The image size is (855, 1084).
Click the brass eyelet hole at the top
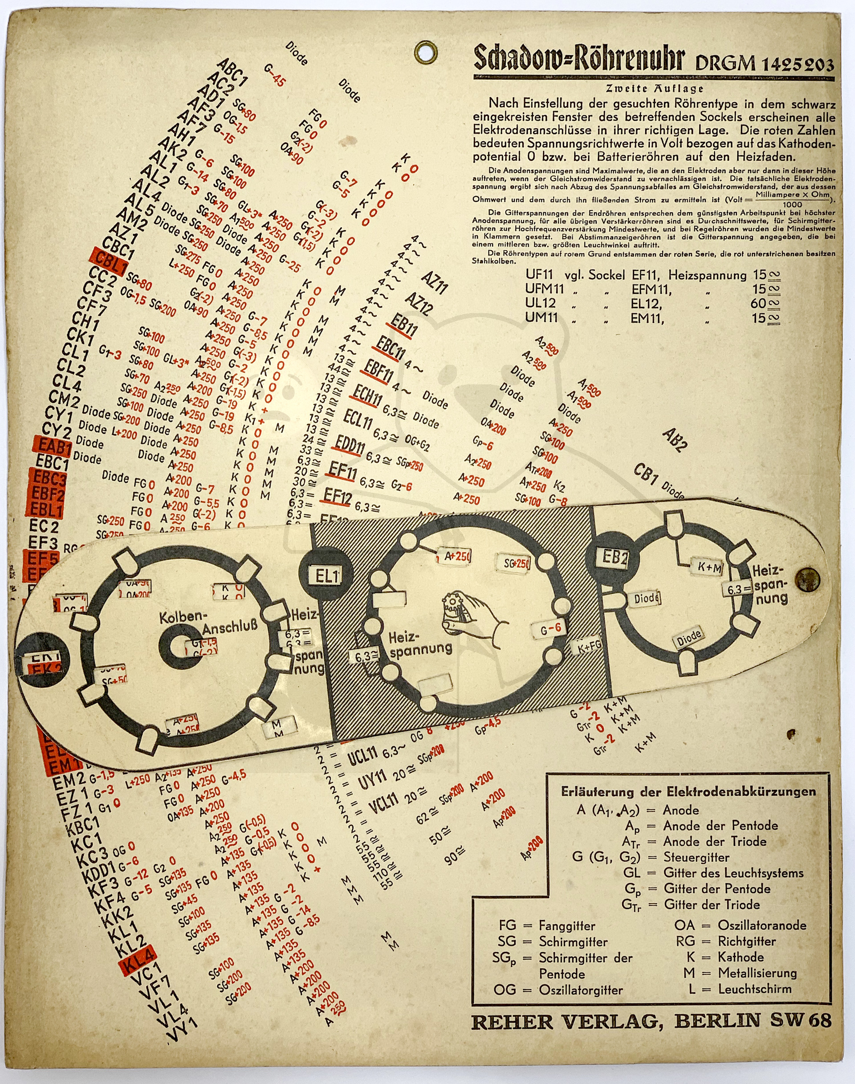(427, 52)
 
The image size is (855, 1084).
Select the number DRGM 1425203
(765, 64)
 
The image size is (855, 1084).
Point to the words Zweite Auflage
(654, 89)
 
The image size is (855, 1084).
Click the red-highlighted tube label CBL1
(109, 261)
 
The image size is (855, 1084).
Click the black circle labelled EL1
(326, 575)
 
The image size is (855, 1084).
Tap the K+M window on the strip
(709, 568)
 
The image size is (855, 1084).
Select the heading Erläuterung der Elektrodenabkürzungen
(688, 791)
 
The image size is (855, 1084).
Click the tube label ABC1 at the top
(232, 73)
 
